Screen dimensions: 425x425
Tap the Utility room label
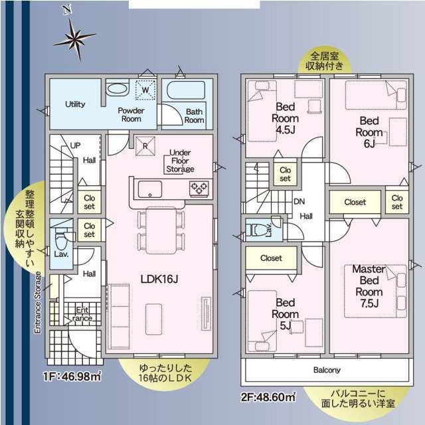tap(75, 104)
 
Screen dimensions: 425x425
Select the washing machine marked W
tap(145, 90)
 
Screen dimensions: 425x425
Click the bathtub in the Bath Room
tap(186, 90)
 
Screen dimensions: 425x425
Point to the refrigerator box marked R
tap(145, 146)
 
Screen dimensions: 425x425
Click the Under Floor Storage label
tap(180, 161)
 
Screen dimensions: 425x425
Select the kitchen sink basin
tap(150, 189)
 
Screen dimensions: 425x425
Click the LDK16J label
tap(159, 279)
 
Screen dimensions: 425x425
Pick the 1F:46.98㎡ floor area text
tap(72, 377)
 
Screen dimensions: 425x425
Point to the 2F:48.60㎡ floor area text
tap(268, 397)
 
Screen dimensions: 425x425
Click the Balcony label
tap(327, 370)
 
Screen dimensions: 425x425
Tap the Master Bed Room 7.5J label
tap(369, 286)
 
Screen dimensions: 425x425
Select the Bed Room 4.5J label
tap(285, 118)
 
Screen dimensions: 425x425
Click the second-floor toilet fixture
tap(257, 230)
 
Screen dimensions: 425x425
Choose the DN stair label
tap(299, 201)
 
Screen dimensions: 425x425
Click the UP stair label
tap(75, 145)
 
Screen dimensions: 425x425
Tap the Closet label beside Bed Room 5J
tap(271, 258)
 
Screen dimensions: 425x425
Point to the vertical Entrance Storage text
tap(38, 303)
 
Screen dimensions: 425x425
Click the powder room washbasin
tap(117, 89)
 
